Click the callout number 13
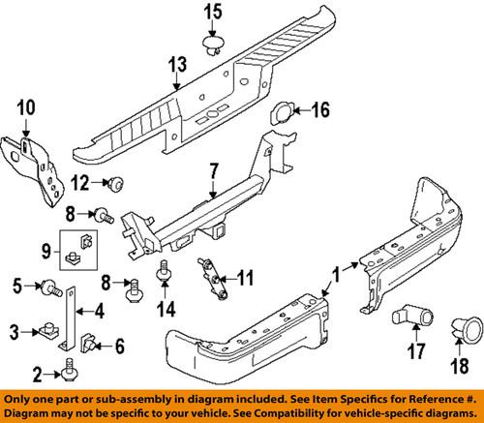tap(175, 65)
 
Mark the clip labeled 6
tap(90, 341)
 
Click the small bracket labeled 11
tap(210, 277)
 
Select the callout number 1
tap(335, 275)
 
